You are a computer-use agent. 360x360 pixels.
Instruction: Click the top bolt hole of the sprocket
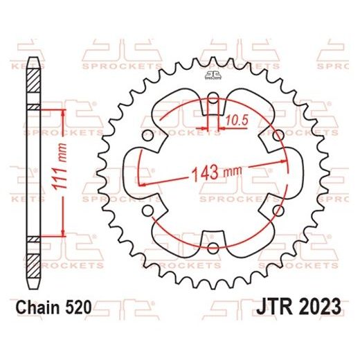click(211, 105)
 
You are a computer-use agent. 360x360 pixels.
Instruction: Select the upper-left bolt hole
click(147, 136)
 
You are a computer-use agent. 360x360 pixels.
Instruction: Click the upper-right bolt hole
click(276, 137)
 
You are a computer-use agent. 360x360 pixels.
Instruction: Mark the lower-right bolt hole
click(276, 210)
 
